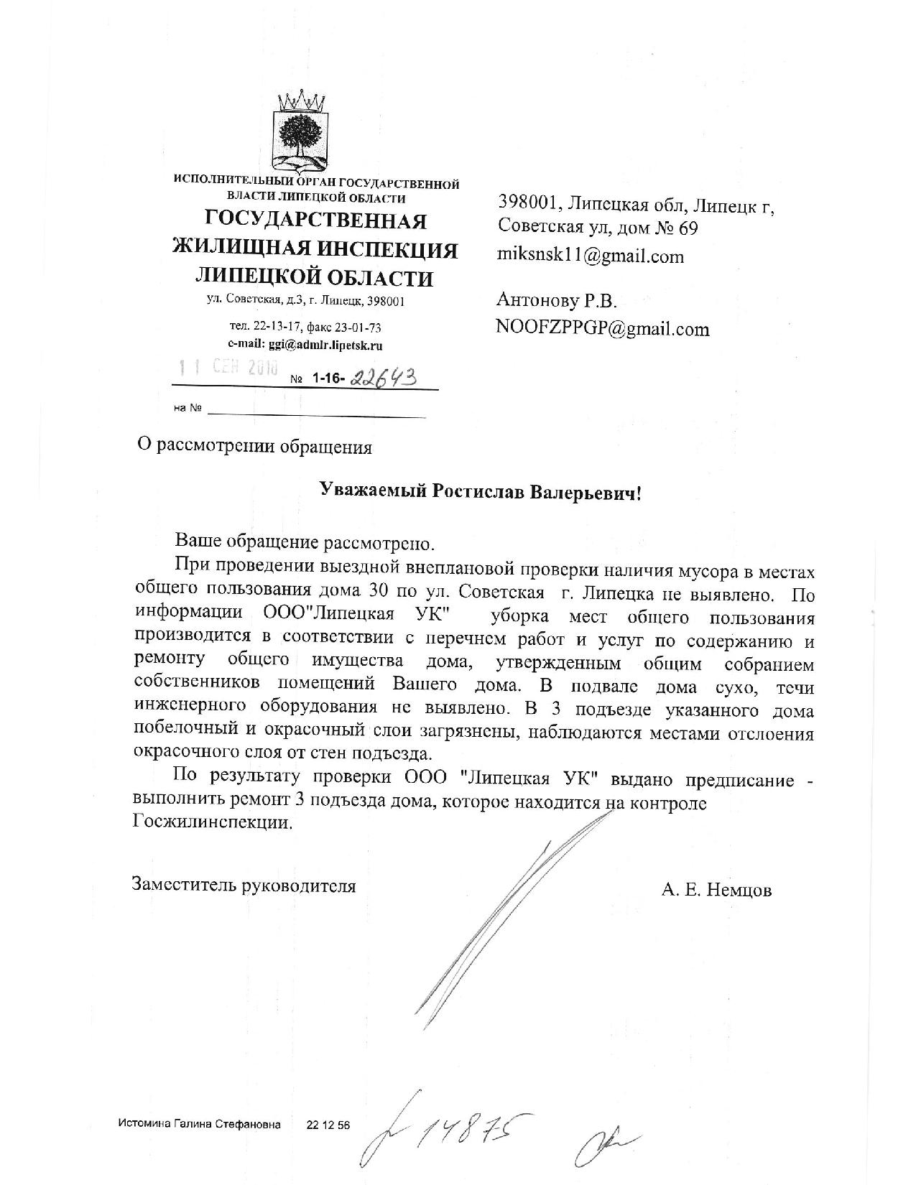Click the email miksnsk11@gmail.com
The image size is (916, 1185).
(x=591, y=256)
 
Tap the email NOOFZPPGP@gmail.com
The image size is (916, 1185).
(x=602, y=329)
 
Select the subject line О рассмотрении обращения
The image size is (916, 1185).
(x=254, y=447)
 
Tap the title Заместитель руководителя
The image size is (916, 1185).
(x=244, y=885)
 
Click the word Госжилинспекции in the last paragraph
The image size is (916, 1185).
(x=213, y=824)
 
